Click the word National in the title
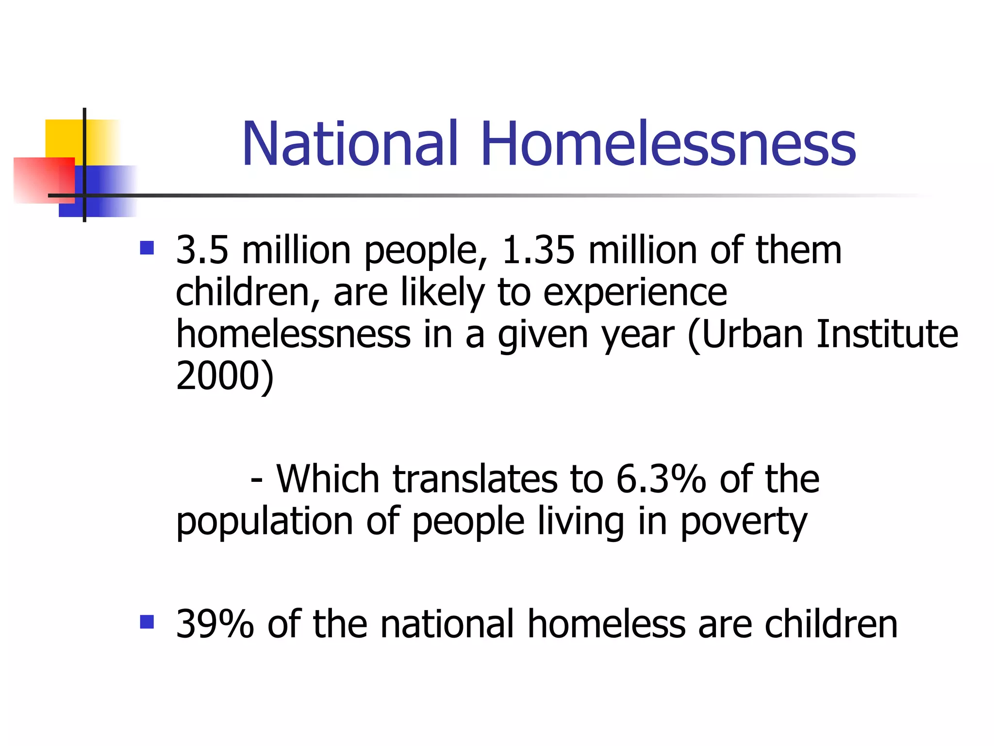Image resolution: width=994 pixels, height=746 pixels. pos(349,144)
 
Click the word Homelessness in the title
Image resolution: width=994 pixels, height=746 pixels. pos(668,144)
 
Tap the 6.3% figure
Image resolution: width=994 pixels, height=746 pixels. pos(661,479)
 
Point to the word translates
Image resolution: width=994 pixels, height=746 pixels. pos(475,479)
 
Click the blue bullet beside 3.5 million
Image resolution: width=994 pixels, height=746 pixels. pos(147,248)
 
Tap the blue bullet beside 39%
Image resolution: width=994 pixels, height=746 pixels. pos(147,622)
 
